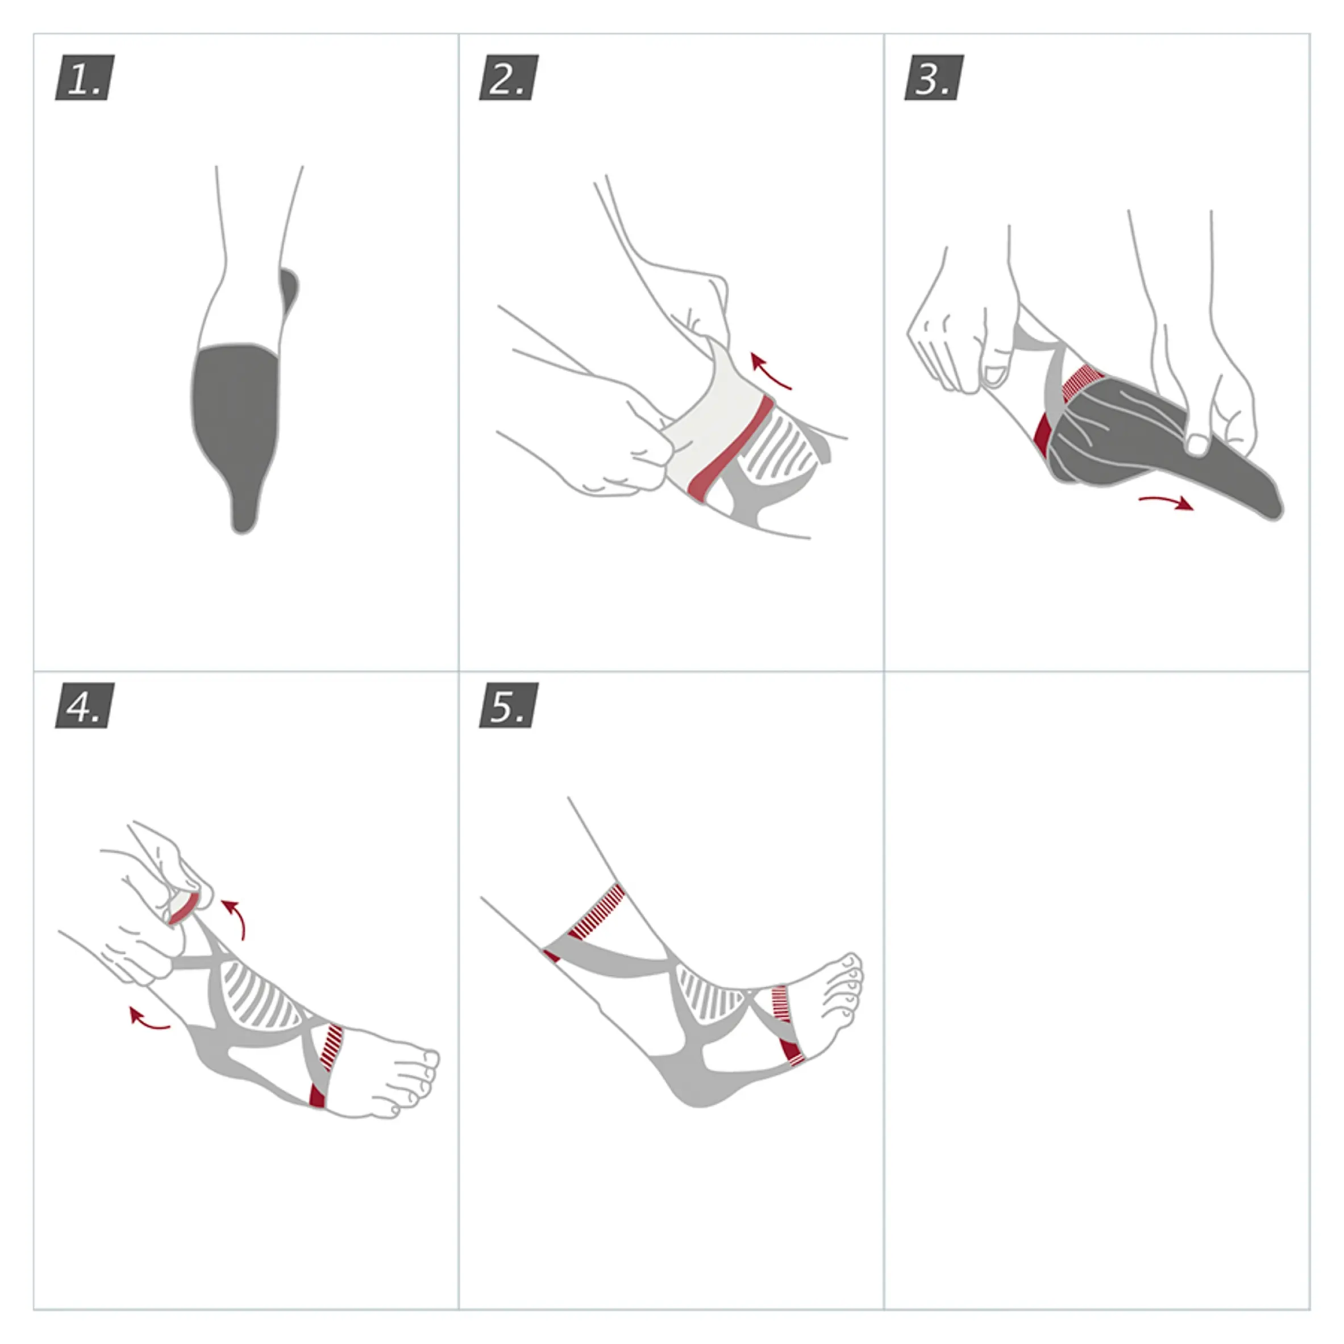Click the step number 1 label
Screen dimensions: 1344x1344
pos(85,77)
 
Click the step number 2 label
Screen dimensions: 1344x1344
pos(509,77)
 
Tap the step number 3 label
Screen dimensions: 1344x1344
pos(933,77)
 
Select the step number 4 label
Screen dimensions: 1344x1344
pos(85,706)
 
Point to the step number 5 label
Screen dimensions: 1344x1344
pos(509,706)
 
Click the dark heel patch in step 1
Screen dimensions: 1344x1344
pos(289,290)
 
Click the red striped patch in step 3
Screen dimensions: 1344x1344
pos(1083,383)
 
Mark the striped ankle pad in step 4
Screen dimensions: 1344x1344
pos(261,995)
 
